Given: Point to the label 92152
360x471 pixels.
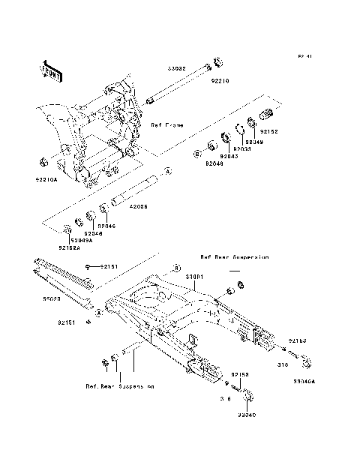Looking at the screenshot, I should (269, 132).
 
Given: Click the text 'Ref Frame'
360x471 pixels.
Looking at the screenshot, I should (168, 124).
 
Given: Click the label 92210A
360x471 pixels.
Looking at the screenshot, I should (46, 180).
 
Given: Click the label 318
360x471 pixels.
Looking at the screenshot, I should (283, 365).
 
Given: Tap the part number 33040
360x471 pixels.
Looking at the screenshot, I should (247, 413).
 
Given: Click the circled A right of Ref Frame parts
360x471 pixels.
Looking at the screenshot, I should (168, 172).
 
